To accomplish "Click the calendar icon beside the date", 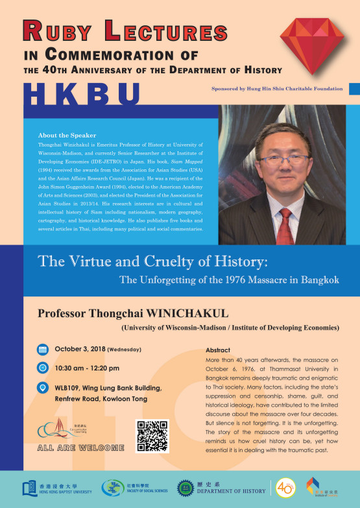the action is [x=43, y=349].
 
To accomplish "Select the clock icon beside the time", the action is [x=43, y=367].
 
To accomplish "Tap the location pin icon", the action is [x=43, y=387].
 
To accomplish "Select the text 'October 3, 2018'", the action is [x=80, y=349].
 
